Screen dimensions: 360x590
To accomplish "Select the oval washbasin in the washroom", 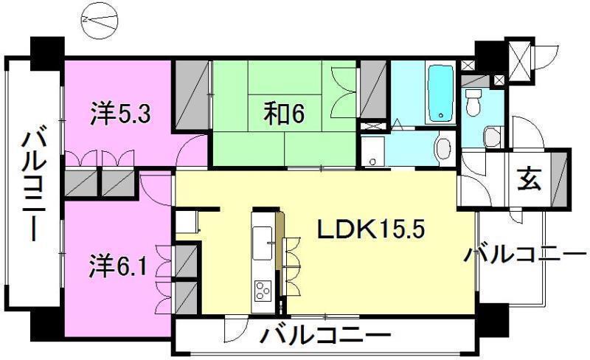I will coord(443,148).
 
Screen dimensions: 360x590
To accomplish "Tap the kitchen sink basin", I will coord(263,243).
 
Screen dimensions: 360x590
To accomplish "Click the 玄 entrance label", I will coord(530,179).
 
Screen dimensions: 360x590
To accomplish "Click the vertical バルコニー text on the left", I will coord(33,184).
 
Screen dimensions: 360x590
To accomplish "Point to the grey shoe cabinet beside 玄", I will coord(560,179).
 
